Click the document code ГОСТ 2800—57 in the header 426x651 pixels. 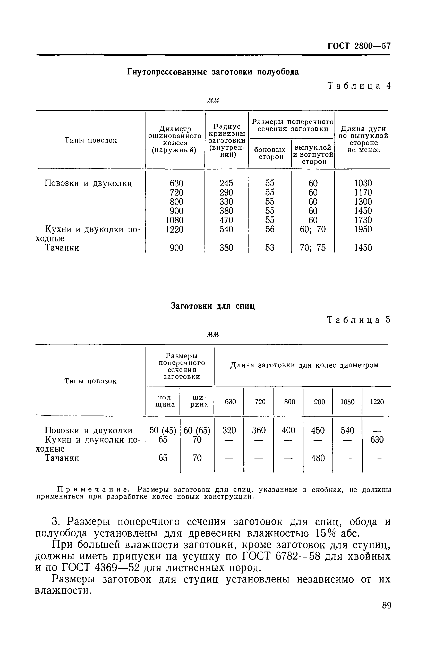(359, 46)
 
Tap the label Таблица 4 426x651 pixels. (359, 86)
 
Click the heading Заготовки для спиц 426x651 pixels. (212, 306)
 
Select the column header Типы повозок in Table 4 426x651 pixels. (90, 140)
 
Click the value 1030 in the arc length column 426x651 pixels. (363, 183)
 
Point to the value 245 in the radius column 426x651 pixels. (226, 183)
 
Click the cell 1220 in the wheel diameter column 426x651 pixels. (174, 229)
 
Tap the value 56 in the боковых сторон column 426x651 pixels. (270, 229)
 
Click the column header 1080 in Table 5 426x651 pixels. (347, 402)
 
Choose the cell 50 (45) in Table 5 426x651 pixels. (163, 430)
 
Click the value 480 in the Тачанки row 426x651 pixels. (318, 458)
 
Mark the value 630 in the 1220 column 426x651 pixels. (377, 440)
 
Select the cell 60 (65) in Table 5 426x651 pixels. (197, 430)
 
